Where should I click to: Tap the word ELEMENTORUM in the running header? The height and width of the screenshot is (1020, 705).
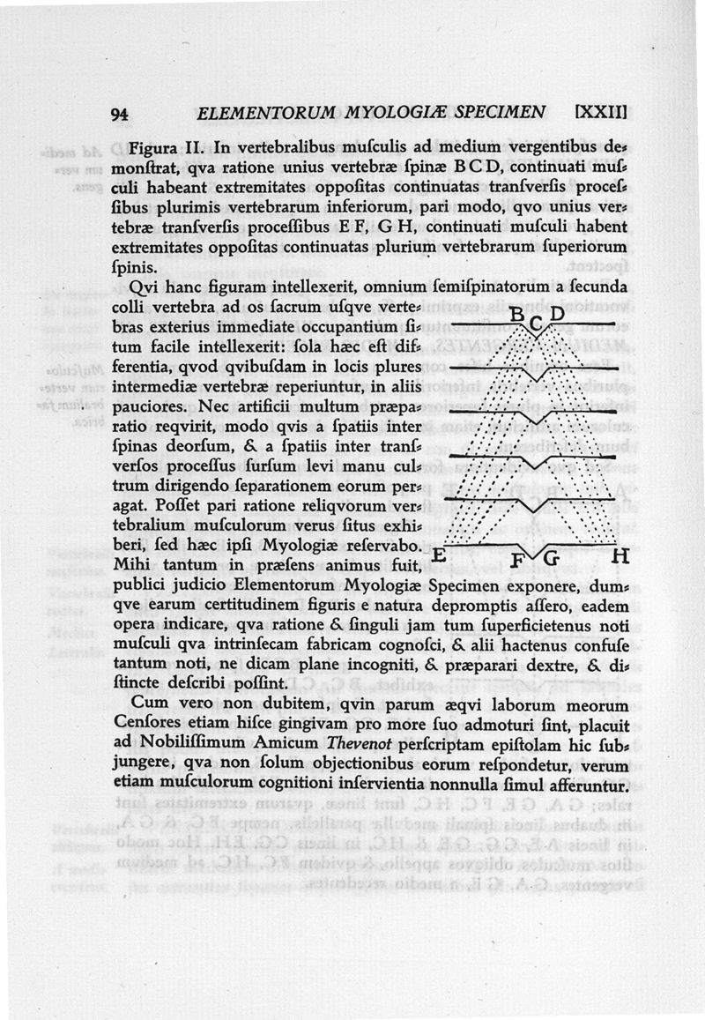(262, 114)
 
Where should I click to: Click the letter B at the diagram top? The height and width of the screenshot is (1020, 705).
(518, 316)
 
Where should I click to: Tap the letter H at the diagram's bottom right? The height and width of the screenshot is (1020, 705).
(620, 556)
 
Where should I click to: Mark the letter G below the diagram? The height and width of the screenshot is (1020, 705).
(553, 558)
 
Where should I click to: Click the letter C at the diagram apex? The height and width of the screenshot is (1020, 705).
(537, 324)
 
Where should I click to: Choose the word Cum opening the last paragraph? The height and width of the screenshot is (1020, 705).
(146, 705)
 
